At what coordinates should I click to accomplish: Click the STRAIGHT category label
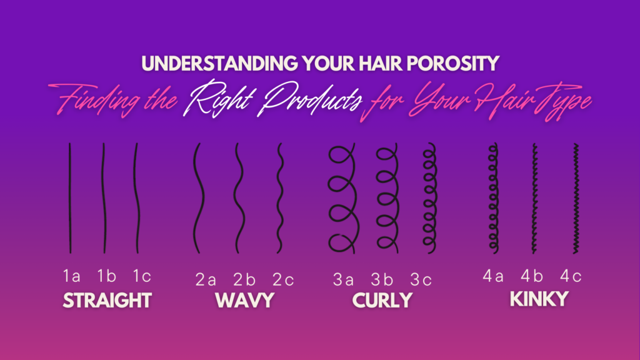[x=107, y=301]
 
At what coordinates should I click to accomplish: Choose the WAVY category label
[x=244, y=301]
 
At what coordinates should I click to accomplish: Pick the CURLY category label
[x=382, y=301]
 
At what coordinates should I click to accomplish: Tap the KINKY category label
[x=539, y=299]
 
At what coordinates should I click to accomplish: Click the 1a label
[x=71, y=276]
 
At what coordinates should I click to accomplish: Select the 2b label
[x=244, y=279]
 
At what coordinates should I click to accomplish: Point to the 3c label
[x=421, y=279]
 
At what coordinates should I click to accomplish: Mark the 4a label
[x=493, y=276]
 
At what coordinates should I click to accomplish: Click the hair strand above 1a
[x=70, y=198]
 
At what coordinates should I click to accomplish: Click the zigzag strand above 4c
[x=576, y=198]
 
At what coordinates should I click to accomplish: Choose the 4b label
[x=532, y=276]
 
